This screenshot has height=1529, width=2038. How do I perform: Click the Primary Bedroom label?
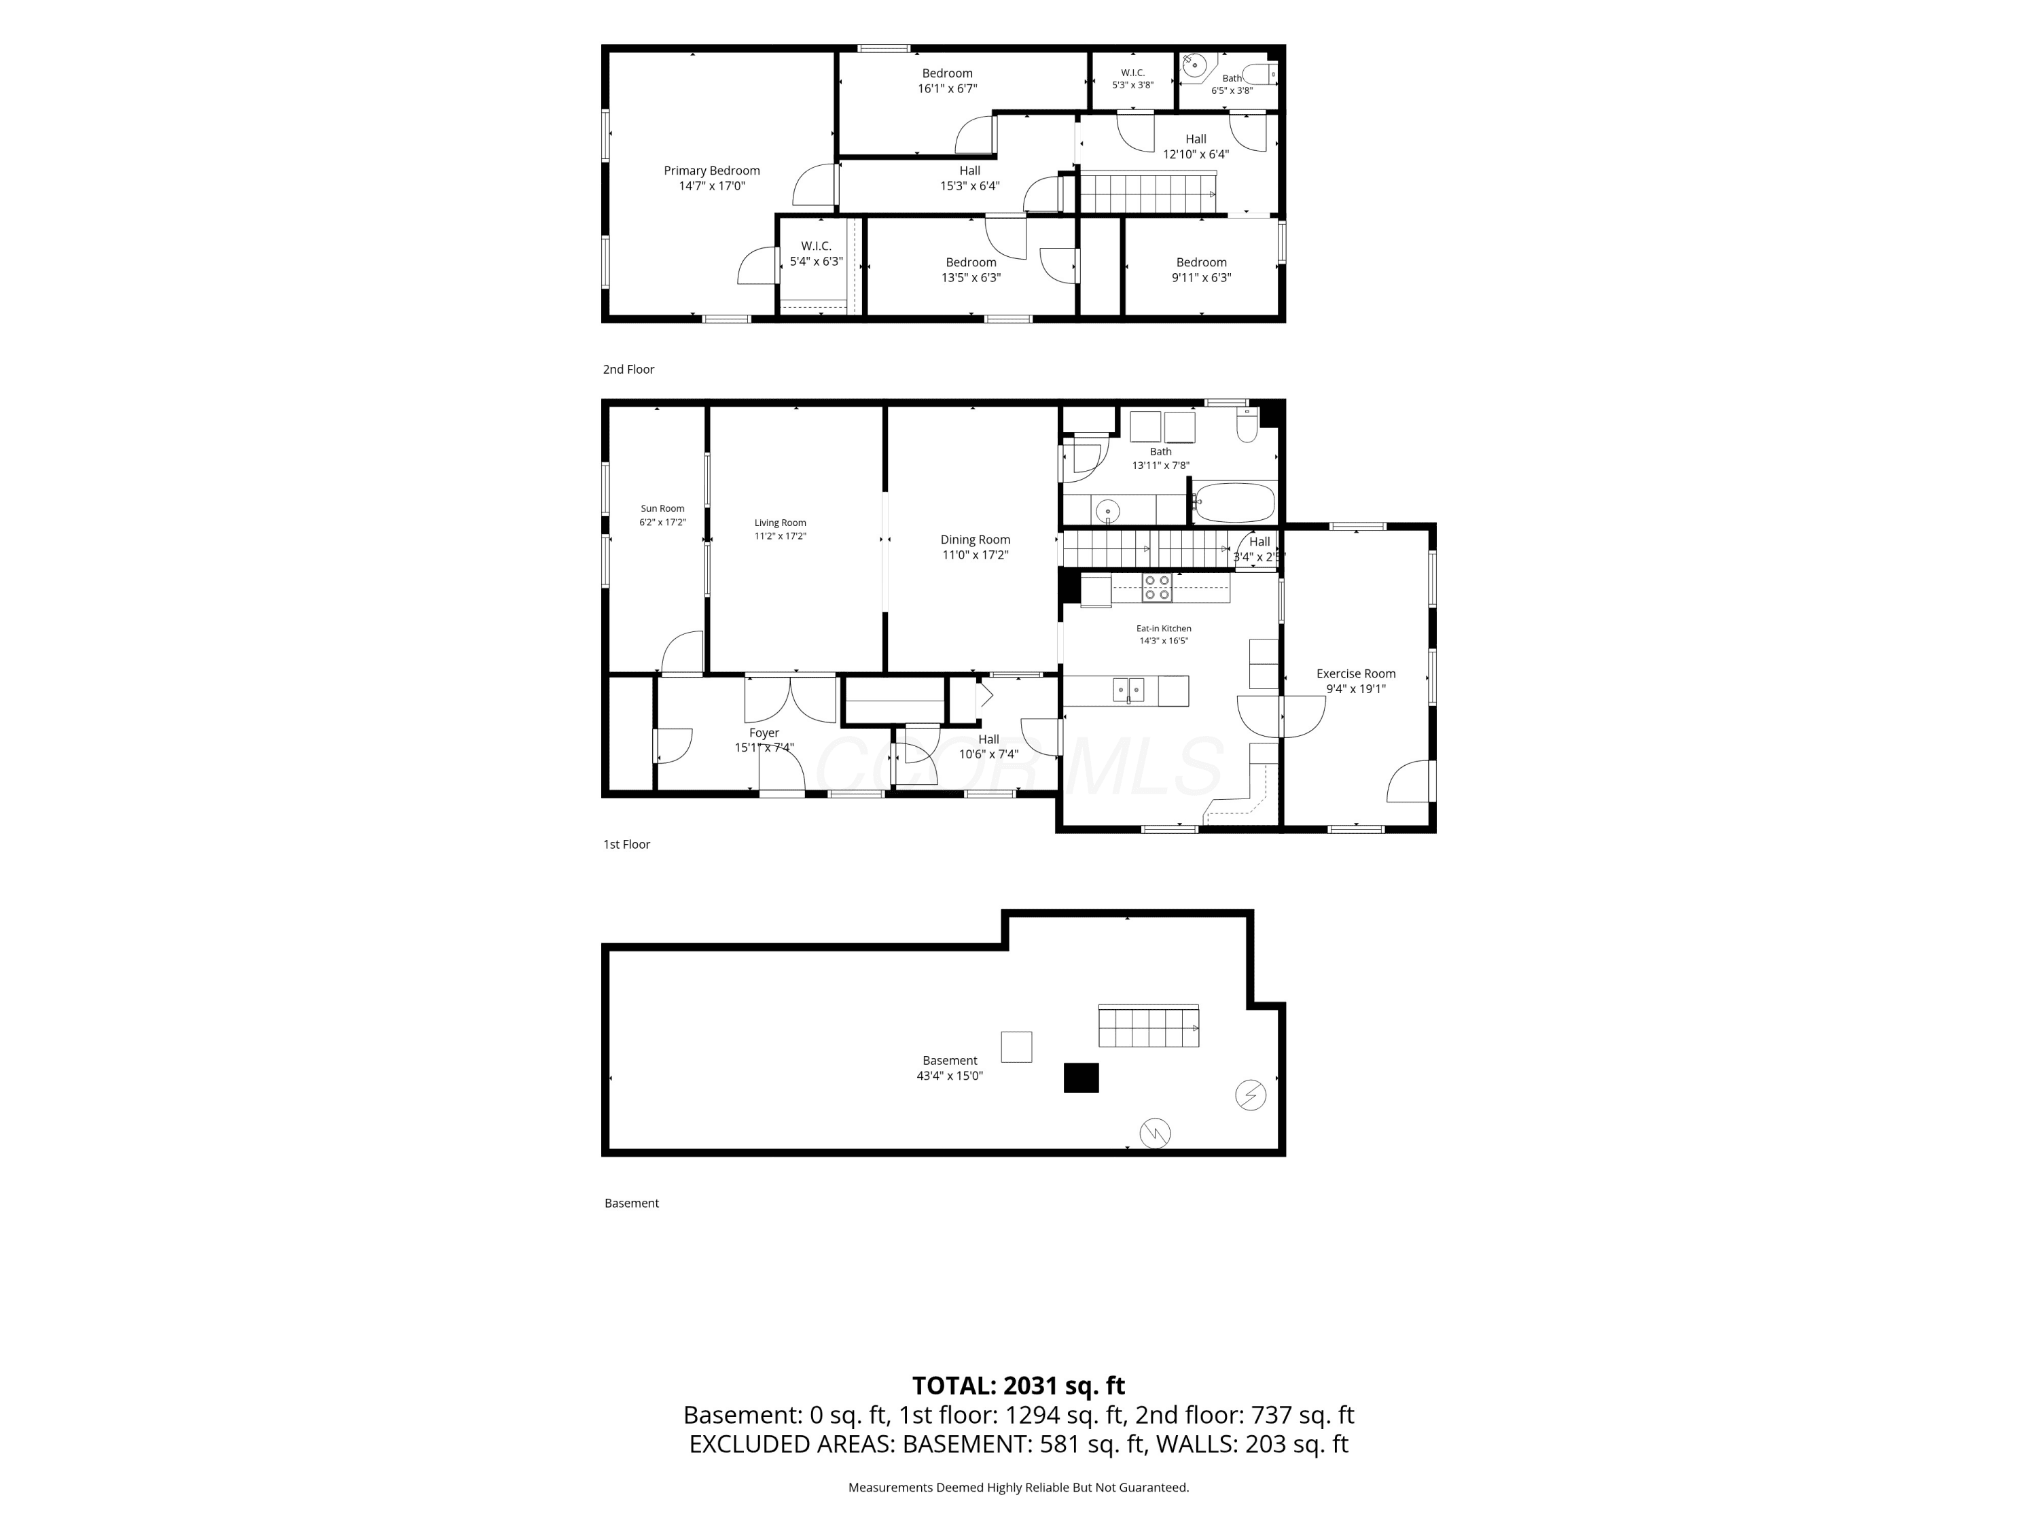[711, 171]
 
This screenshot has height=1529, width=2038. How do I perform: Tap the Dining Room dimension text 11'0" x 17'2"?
[975, 555]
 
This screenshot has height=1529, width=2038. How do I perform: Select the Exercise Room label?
[1355, 673]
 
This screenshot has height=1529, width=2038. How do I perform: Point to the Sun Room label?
[662, 509]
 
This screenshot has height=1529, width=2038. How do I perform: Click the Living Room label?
[781, 523]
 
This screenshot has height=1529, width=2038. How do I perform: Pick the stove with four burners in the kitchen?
[1157, 588]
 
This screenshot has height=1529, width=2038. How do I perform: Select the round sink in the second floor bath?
[1194, 65]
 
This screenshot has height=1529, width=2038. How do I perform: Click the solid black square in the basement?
[1081, 1077]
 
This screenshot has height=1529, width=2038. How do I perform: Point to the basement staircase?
[1148, 1025]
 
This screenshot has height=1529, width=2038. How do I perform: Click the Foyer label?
[764, 733]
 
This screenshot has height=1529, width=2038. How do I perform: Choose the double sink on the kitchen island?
[1128, 689]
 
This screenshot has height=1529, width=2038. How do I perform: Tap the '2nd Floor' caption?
[628, 370]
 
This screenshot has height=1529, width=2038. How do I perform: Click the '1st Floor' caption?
[626, 844]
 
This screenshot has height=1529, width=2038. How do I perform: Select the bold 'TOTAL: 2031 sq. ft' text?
[1018, 1385]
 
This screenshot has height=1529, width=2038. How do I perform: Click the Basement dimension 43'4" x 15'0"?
[950, 1076]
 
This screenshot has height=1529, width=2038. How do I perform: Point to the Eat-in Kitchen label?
[1164, 629]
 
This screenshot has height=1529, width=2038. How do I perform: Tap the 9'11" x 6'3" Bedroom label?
[1202, 270]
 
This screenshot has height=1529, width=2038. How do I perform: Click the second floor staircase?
[1148, 192]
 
